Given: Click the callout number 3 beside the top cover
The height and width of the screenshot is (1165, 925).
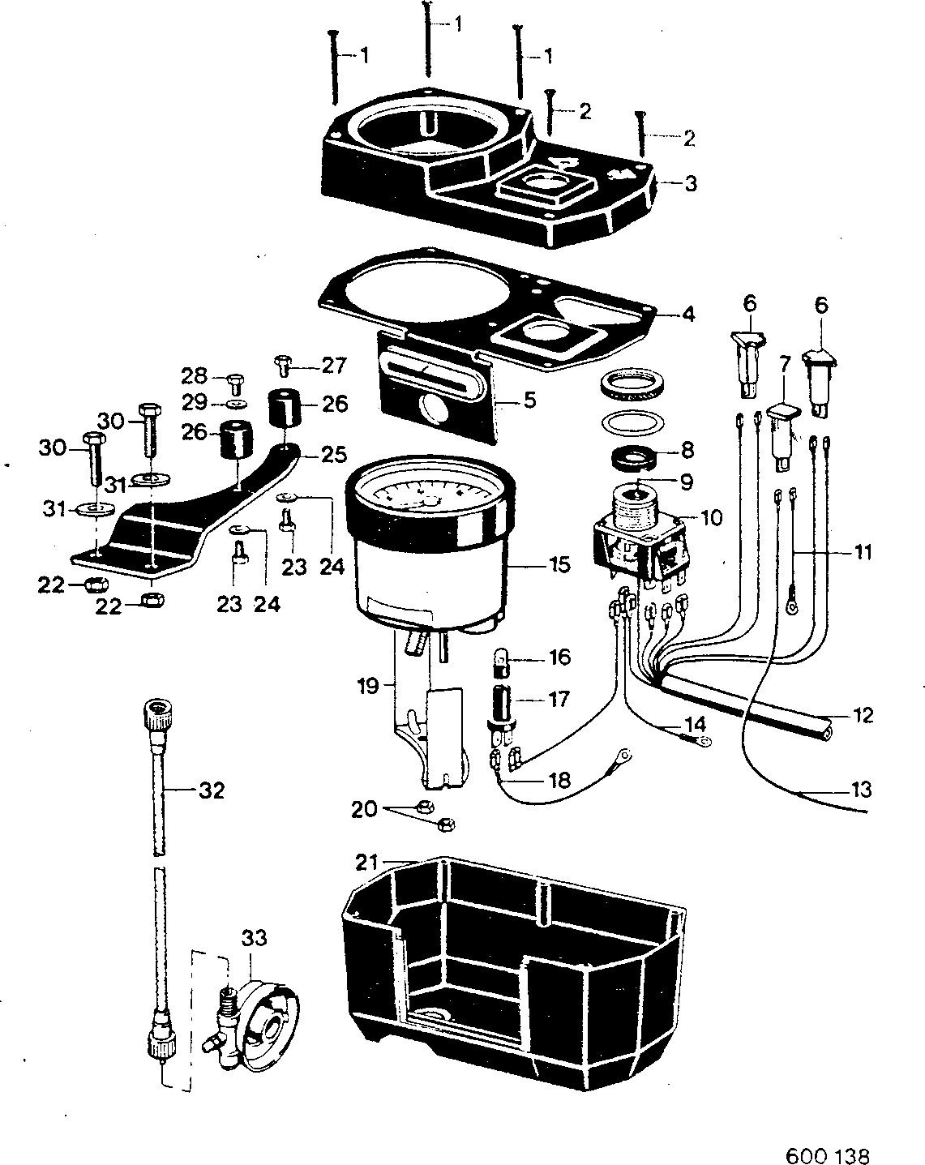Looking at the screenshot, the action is point(690,183).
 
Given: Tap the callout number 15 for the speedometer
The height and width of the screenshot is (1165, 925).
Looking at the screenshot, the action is point(559,565).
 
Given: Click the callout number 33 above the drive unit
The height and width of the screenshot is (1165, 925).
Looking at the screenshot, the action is point(255,938).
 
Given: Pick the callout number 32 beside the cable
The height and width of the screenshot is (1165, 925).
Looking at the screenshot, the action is point(212,791).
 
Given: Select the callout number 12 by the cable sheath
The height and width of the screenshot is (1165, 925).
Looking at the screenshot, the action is point(863,716).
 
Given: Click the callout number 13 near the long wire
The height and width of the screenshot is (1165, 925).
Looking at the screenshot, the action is point(861,790).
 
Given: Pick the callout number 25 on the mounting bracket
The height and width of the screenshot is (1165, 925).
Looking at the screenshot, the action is point(334,455).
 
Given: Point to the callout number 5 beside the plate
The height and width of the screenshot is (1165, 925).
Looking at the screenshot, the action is point(529,400).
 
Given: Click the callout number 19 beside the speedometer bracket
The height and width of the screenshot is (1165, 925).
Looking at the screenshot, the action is point(369,687).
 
